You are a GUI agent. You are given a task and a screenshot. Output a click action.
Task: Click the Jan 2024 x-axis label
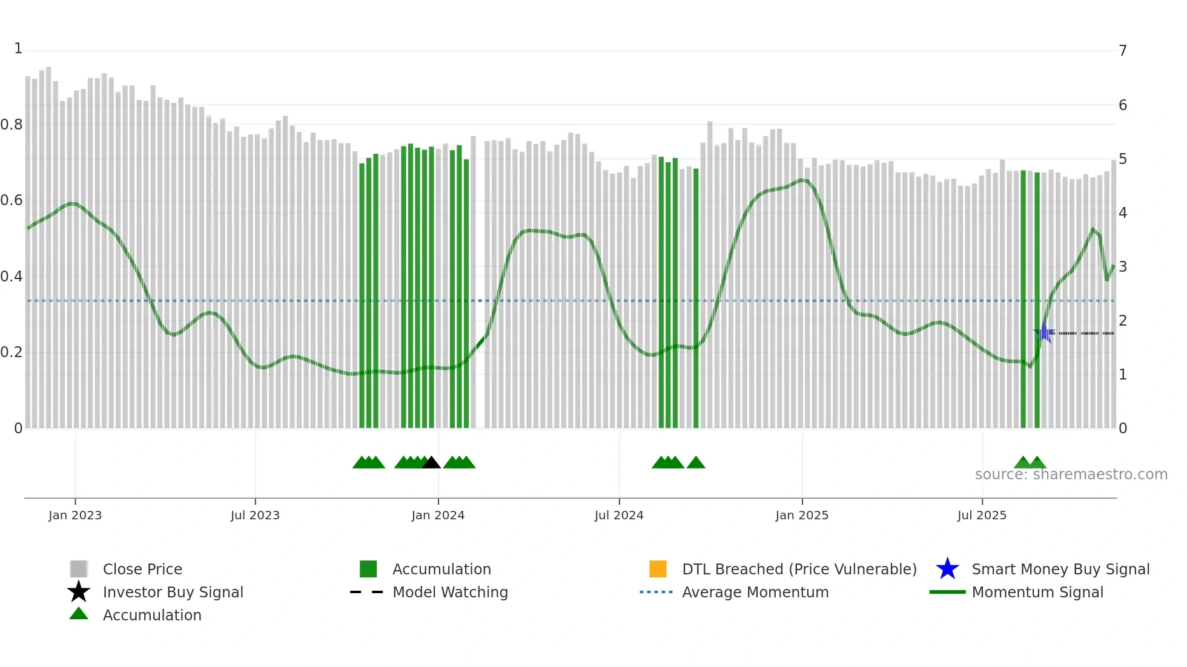438,515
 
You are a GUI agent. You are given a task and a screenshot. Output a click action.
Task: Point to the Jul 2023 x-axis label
255,515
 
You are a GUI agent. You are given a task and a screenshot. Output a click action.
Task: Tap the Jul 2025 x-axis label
982,515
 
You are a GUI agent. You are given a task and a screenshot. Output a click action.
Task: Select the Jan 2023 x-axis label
75,515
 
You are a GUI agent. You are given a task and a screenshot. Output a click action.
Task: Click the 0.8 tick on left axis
12,125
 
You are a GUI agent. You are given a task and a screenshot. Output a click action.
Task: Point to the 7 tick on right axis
1123,50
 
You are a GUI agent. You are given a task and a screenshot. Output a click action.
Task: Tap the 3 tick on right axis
1123,266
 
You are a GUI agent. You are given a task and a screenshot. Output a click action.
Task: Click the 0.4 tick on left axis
12,277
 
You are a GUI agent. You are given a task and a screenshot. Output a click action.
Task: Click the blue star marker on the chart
1044,333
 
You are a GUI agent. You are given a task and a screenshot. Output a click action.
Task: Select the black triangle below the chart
431,463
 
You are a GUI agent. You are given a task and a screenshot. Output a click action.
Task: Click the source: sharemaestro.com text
1071,475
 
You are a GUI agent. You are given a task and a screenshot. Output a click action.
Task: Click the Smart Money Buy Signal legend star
947,569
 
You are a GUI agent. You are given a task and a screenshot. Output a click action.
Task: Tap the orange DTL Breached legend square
658,569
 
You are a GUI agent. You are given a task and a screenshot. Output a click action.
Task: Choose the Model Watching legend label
450,592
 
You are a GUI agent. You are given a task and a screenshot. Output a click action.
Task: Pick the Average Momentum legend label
755,592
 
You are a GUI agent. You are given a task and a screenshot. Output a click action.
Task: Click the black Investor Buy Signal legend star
79,592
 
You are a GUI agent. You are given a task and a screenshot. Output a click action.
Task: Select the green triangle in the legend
79,614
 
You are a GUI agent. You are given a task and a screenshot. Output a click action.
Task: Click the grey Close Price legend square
79,569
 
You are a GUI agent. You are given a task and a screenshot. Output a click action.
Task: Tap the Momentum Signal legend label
1037,592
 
